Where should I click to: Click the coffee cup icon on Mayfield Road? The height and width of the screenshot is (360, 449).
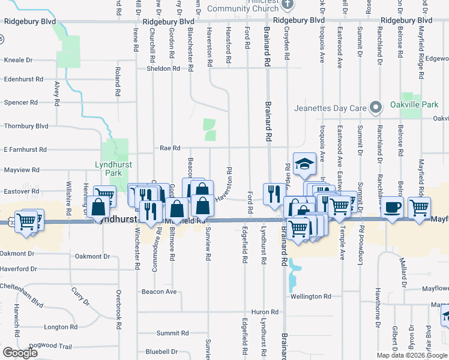pyautogui.click(x=393, y=208)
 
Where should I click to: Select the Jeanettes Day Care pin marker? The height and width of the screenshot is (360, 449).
pyautogui.click(x=376, y=108)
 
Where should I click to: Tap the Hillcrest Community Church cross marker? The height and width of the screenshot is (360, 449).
pyautogui.click(x=288, y=4)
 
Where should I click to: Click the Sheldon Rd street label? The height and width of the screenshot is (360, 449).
pyautogui.click(x=163, y=68)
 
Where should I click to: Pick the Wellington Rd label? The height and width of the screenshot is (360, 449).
pyautogui.click(x=311, y=296)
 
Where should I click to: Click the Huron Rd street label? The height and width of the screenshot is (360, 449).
pyautogui.click(x=265, y=312)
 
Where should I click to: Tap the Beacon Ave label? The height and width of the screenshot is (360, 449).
pyautogui.click(x=159, y=292)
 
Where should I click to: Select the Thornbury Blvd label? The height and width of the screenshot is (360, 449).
pyautogui.click(x=26, y=127)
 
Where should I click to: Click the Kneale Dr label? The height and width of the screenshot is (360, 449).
pyautogui.click(x=18, y=61)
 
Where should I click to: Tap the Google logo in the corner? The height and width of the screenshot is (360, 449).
pyautogui.click(x=20, y=353)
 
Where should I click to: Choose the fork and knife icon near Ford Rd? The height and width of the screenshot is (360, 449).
pyautogui.click(x=273, y=193)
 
